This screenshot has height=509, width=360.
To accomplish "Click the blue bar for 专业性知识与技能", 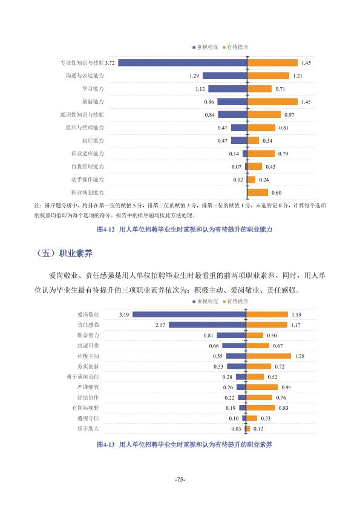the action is point(183,63).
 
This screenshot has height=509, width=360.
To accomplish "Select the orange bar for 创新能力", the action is point(273,102).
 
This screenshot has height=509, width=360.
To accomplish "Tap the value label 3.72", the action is point(110,63).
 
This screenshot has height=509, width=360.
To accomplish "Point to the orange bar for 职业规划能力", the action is point(258,192).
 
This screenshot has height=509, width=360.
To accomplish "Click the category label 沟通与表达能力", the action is point(85,76).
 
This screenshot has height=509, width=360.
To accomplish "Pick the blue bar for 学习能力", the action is point(227,89).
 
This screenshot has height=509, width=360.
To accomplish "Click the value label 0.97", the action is point(289,115).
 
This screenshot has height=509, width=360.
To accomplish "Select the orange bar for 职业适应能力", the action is point(261,154).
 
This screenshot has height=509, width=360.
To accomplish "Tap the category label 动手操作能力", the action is point(88,180).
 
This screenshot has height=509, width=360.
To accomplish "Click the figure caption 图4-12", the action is point(106,230).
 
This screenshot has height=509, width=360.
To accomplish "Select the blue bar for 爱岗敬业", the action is point(189,314).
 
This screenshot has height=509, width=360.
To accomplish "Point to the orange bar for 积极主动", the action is point(269,356).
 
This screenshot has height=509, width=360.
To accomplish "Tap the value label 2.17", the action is point(160,325).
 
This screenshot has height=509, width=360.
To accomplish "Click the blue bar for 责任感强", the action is point(208,325).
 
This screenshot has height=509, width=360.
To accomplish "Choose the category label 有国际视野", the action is point(85,408).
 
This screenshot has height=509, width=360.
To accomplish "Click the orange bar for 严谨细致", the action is point(262,387).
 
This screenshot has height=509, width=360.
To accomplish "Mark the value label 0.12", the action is point(258,429).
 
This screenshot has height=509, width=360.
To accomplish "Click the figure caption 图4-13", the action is point(106,445).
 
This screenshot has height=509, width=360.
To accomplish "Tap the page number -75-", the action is point(180,479).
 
